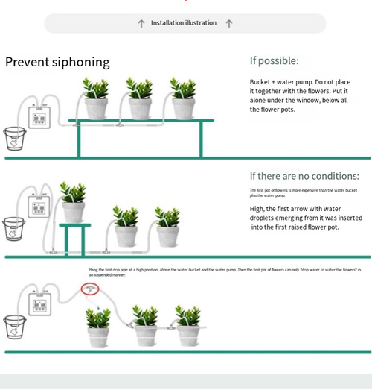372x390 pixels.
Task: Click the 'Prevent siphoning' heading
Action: point(57,62)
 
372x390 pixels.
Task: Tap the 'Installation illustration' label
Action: point(184,23)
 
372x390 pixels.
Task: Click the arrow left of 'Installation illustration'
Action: point(141,23)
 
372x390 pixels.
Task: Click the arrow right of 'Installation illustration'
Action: point(229,23)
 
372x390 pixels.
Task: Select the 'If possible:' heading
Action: point(275,60)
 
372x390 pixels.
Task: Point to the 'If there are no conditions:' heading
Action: point(304,176)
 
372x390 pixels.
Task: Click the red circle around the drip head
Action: point(91,288)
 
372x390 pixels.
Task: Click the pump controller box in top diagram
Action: point(39,116)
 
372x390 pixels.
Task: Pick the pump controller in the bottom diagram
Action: point(39,303)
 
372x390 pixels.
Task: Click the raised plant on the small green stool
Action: point(73,203)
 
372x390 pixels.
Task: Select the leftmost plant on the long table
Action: point(96,99)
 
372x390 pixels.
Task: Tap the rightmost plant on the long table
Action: point(182,99)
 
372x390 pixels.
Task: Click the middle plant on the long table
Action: point(139,99)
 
